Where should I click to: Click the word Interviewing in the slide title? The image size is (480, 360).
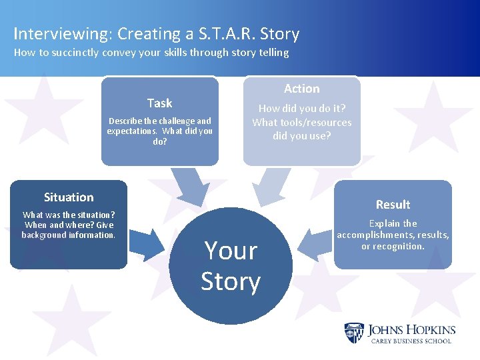pyautogui.click(x=54, y=33)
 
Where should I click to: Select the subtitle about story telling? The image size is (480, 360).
pyautogui.click(x=151, y=52)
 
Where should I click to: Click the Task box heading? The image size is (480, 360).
pyautogui.click(x=159, y=103)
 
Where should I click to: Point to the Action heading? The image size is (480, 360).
pyautogui.click(x=301, y=89)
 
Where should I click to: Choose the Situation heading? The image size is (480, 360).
pyautogui.click(x=69, y=197)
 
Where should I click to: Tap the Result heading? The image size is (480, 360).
pyautogui.click(x=393, y=205)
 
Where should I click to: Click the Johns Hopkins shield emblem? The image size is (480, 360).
pyautogui.click(x=353, y=333)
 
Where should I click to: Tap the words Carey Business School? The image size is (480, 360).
pyautogui.click(x=411, y=341)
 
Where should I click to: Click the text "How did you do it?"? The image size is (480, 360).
pyautogui.click(x=301, y=109)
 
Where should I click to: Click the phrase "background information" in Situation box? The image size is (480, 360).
pyautogui.click(x=69, y=235)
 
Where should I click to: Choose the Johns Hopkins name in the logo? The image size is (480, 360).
pyautogui.click(x=411, y=329)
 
